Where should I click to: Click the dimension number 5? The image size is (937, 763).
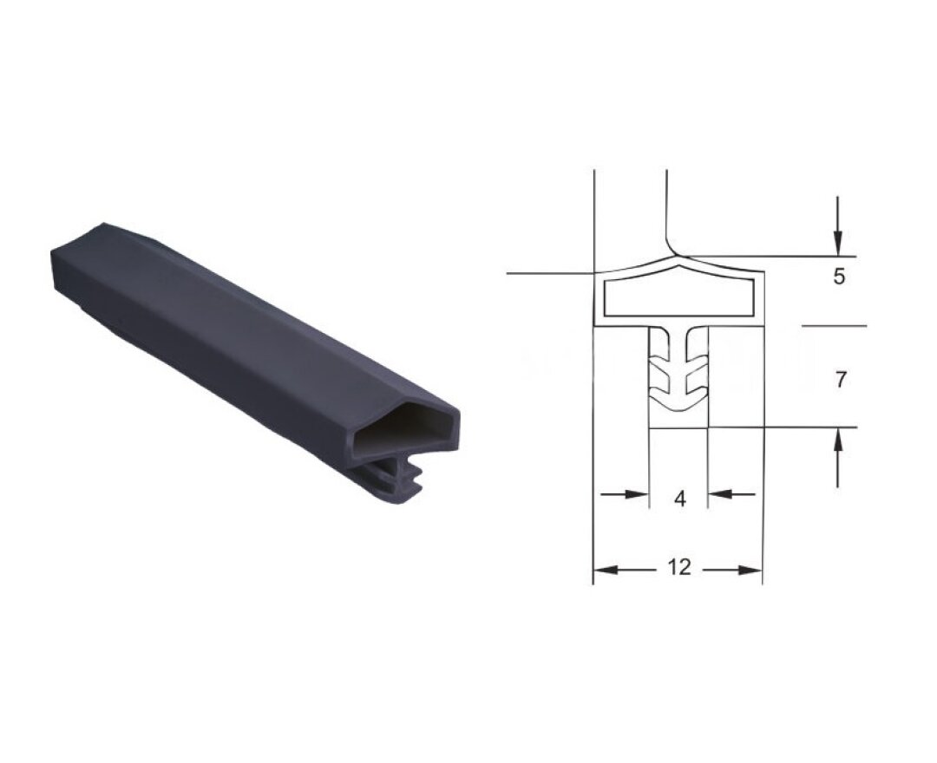838,277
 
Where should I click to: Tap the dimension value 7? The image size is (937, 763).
838,379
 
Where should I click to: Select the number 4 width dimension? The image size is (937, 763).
679,499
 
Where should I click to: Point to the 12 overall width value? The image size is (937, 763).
679,568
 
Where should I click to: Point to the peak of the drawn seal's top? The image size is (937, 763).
679,259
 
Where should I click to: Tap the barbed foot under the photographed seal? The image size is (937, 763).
399,481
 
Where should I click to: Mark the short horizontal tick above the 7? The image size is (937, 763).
833,327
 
